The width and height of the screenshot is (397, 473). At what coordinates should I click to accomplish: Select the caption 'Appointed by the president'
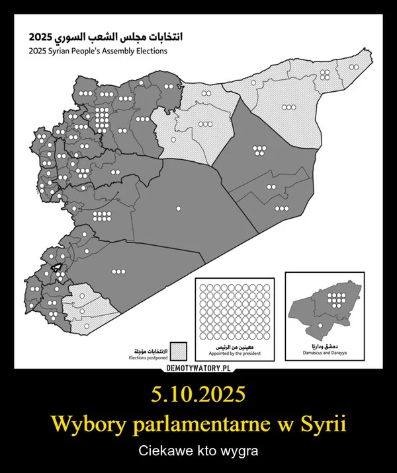click(x=236, y=355)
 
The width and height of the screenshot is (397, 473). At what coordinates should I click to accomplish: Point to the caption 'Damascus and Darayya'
click(x=324, y=355)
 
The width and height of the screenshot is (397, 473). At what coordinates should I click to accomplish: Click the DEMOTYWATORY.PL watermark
click(x=198, y=368)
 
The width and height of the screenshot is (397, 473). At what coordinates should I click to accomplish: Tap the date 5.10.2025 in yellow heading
click(x=198, y=395)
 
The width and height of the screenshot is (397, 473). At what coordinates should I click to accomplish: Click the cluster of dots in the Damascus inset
click(x=335, y=300)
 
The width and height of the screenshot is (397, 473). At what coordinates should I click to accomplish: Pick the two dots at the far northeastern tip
click(x=355, y=67)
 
